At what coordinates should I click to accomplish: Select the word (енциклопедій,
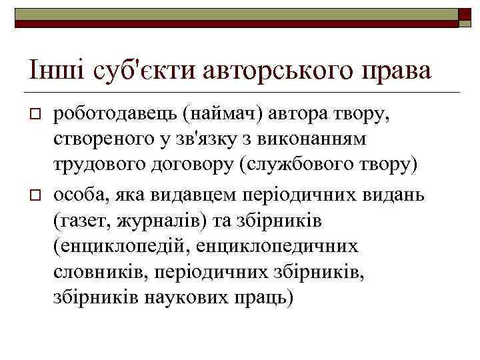click(x=123, y=245)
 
